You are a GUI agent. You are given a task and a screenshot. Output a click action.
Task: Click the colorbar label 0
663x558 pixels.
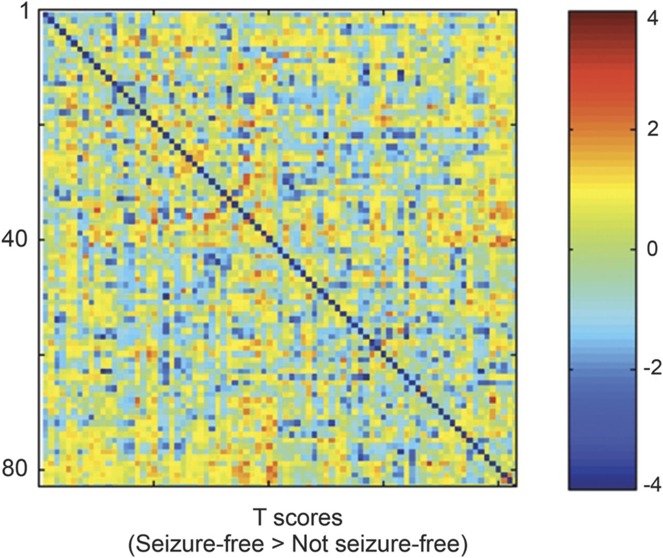[x=651, y=249]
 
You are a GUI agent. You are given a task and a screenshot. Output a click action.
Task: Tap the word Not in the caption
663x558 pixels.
[x=309, y=544]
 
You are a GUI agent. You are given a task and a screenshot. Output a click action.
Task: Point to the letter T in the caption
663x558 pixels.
[x=260, y=517]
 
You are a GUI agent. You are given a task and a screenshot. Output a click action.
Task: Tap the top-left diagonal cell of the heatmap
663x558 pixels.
[x=44, y=13]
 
